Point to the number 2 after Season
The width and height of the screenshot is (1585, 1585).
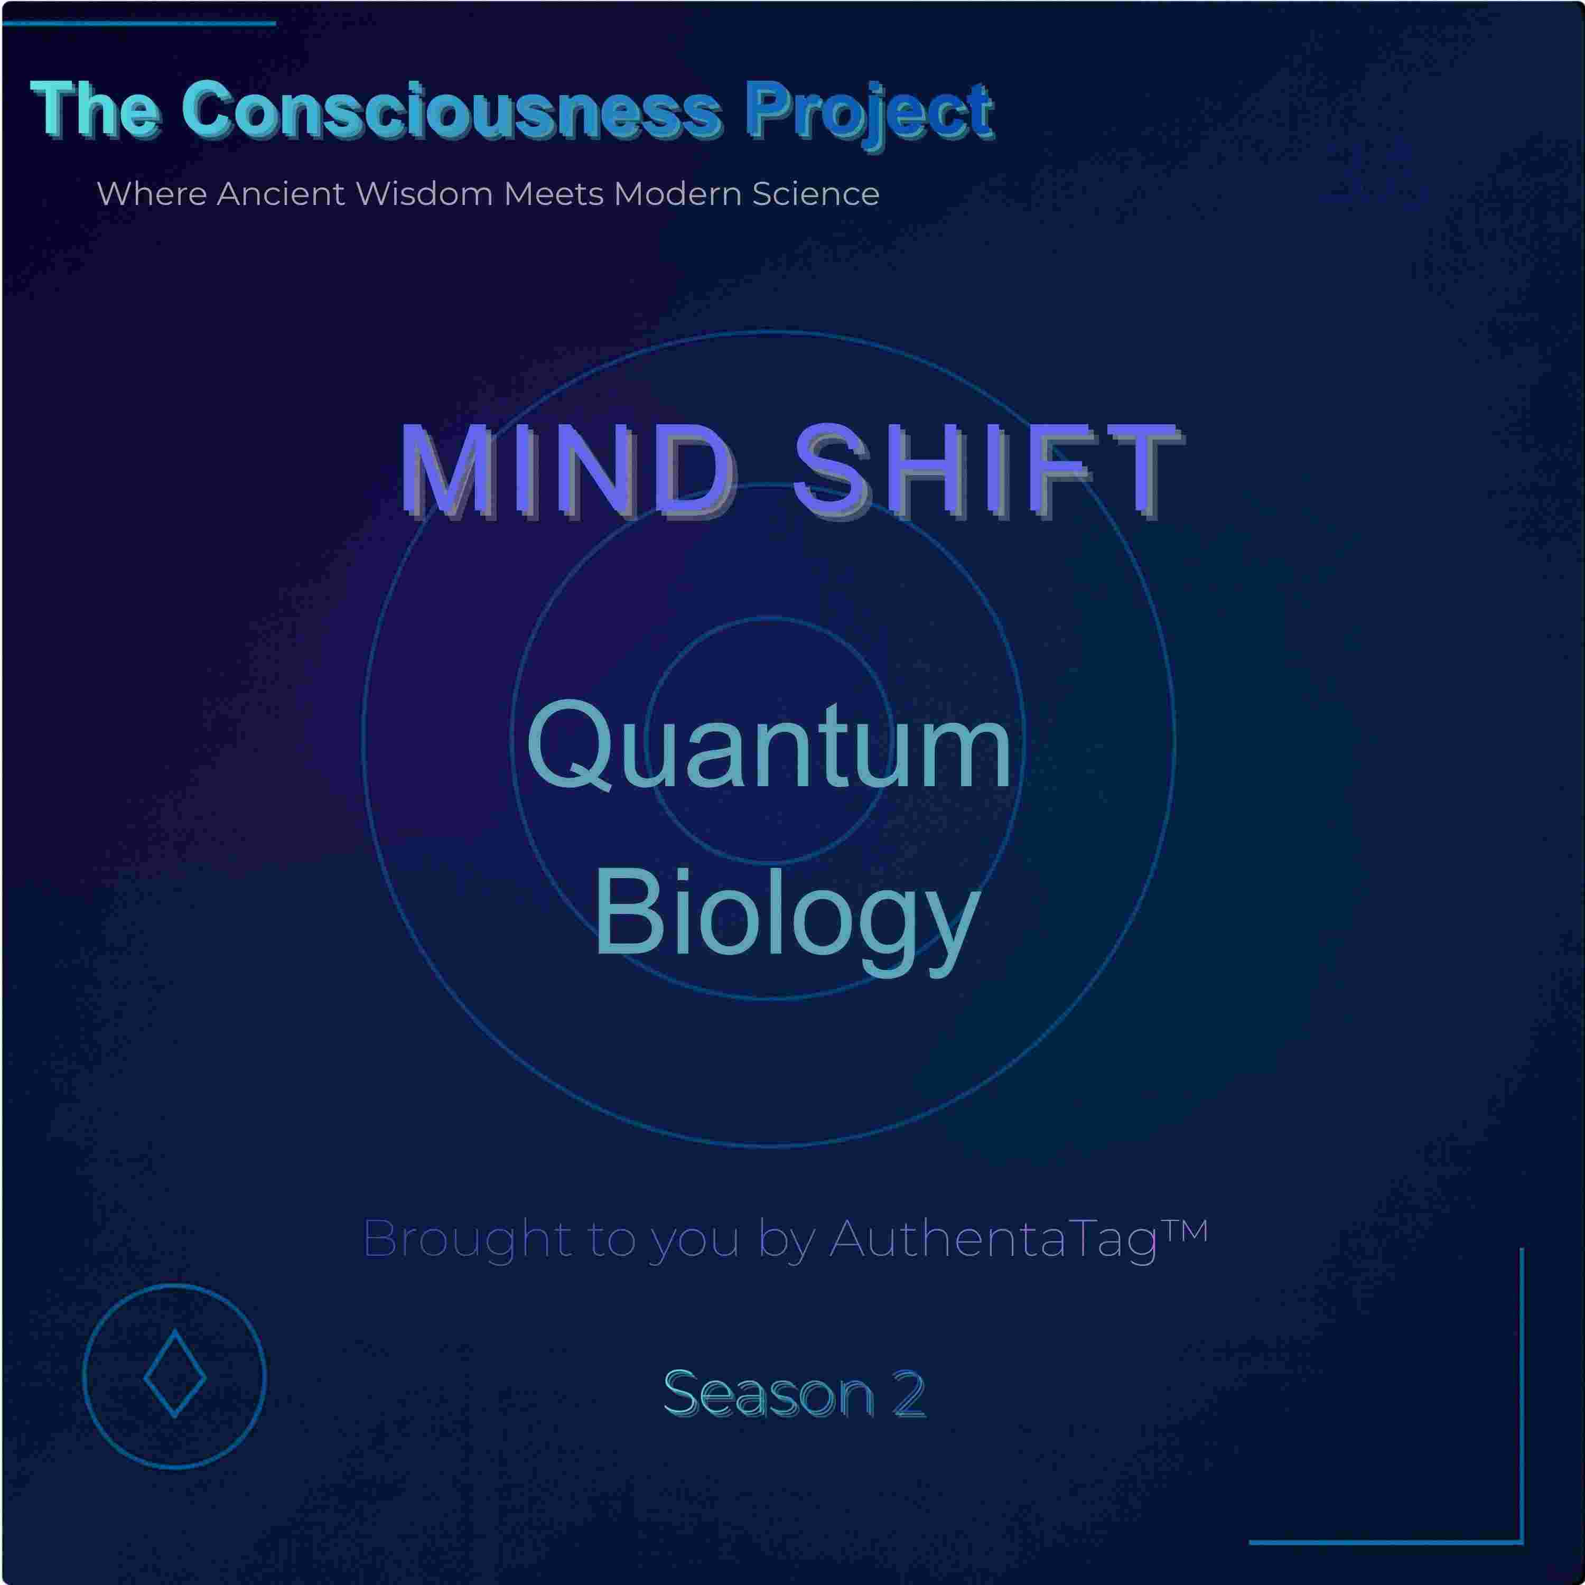click(x=909, y=1394)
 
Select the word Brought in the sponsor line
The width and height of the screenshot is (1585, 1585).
click(x=467, y=1239)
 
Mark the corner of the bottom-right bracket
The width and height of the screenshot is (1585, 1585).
click(x=1521, y=1542)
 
